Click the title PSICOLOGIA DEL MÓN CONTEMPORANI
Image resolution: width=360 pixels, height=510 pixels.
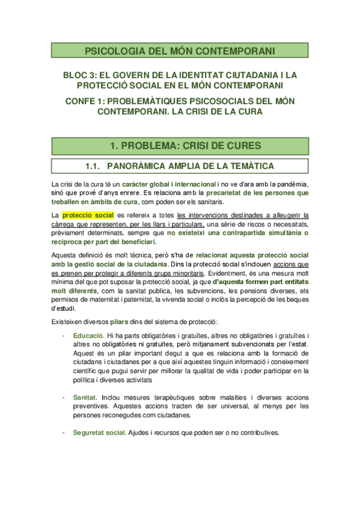(180, 51)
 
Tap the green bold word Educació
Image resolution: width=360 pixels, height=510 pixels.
(88, 334)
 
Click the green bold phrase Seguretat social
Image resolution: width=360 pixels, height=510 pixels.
(99, 432)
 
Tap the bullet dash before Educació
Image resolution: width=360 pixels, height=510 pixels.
(64, 334)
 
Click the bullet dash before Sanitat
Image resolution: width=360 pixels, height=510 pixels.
(64, 398)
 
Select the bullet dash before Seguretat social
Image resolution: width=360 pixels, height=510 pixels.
(64, 432)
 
